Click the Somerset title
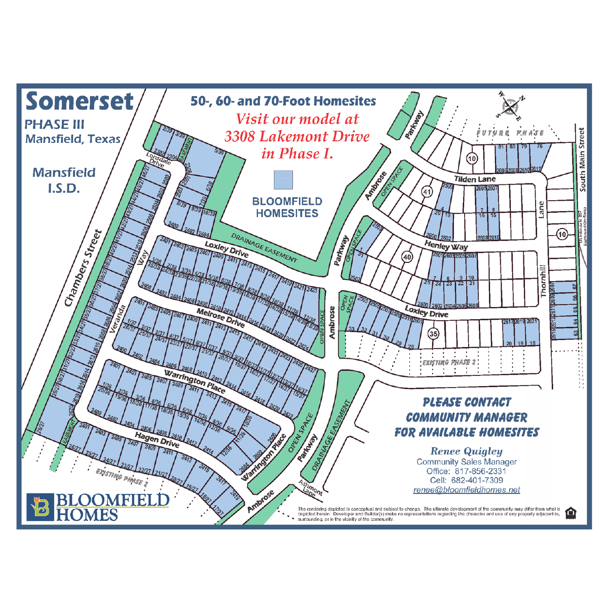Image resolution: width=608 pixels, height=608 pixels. click(x=80, y=101)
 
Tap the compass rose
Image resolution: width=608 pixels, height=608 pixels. click(x=511, y=106)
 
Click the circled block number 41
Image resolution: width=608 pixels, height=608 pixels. click(x=427, y=192)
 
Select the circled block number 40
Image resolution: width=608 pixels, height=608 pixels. click(x=407, y=257)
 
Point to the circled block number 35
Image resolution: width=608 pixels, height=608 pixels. click(x=433, y=333)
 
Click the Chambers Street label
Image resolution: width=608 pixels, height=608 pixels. click(x=83, y=269)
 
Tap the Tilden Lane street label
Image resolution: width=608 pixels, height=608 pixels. click(x=475, y=179)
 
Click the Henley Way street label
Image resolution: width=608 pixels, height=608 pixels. click(x=446, y=246)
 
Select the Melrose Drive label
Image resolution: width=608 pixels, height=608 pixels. click(x=220, y=317)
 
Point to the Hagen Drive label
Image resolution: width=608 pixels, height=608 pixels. click(x=157, y=439)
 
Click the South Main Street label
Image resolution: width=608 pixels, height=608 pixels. click(x=582, y=160)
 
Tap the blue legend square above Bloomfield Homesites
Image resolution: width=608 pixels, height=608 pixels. click(x=283, y=180)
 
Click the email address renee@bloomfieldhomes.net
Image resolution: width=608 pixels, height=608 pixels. click(x=467, y=490)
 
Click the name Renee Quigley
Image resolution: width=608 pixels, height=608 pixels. click(x=467, y=451)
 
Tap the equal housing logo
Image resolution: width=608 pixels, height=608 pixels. click(x=571, y=513)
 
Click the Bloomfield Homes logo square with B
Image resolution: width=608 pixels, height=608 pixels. click(x=40, y=507)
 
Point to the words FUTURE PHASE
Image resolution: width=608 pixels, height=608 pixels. click(x=510, y=133)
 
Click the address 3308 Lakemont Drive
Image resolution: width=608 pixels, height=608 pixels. click(x=297, y=136)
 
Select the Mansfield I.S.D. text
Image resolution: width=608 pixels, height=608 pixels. click(x=64, y=180)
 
